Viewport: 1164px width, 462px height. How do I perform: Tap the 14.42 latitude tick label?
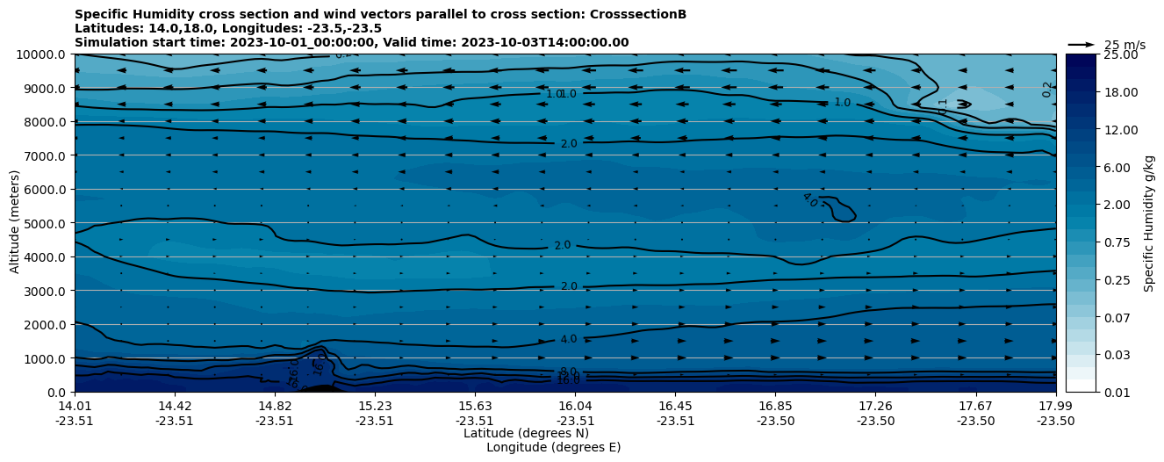175,406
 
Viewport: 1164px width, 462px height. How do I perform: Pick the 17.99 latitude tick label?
1055,406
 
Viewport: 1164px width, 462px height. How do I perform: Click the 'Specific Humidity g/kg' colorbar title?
1149,223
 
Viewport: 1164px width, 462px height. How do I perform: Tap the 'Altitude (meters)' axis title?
15,223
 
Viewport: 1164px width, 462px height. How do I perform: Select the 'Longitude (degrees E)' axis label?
553,447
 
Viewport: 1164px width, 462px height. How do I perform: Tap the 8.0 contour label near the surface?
568,372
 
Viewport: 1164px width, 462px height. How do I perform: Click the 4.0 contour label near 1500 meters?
568,339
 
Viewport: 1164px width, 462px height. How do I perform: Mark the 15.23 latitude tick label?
375,406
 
